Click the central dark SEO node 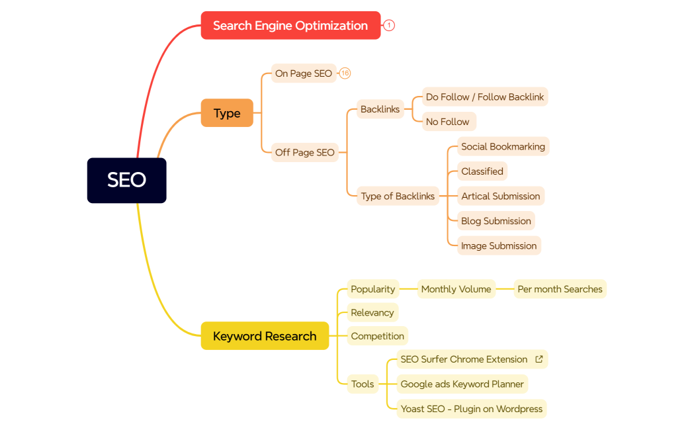click(x=126, y=180)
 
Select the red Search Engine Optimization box click(x=290, y=26)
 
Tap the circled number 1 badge click(x=389, y=26)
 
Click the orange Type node click(x=227, y=113)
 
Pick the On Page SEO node click(x=304, y=73)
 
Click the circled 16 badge click(x=345, y=73)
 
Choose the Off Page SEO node click(x=305, y=152)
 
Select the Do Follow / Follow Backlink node click(x=485, y=97)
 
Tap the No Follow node click(x=448, y=122)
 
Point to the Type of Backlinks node click(x=398, y=196)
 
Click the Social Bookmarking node click(x=503, y=147)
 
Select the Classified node click(x=482, y=171)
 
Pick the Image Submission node click(x=499, y=245)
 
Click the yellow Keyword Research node click(x=265, y=336)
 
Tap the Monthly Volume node click(x=456, y=289)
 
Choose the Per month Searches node click(x=560, y=289)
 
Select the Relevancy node click(x=372, y=313)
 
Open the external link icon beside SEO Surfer click(x=539, y=359)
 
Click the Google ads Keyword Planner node click(x=462, y=384)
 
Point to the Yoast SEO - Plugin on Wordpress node click(x=472, y=409)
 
